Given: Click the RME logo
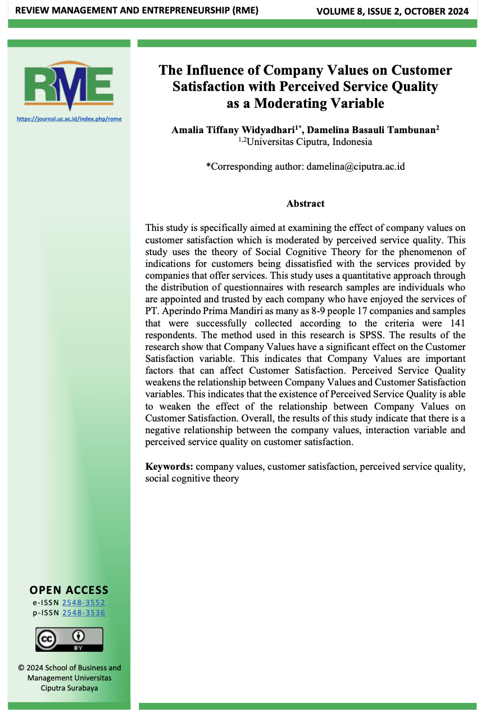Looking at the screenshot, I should point(69,86).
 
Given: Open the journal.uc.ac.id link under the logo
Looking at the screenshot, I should point(69,119).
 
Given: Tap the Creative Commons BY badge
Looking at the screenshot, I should point(69,639).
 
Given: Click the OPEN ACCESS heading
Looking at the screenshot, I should point(69,590).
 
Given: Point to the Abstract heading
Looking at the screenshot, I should point(305,203).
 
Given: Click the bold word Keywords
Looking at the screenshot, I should point(169,466).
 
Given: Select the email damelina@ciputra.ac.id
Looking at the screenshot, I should point(356,166).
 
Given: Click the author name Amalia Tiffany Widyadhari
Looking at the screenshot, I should point(233,130).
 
